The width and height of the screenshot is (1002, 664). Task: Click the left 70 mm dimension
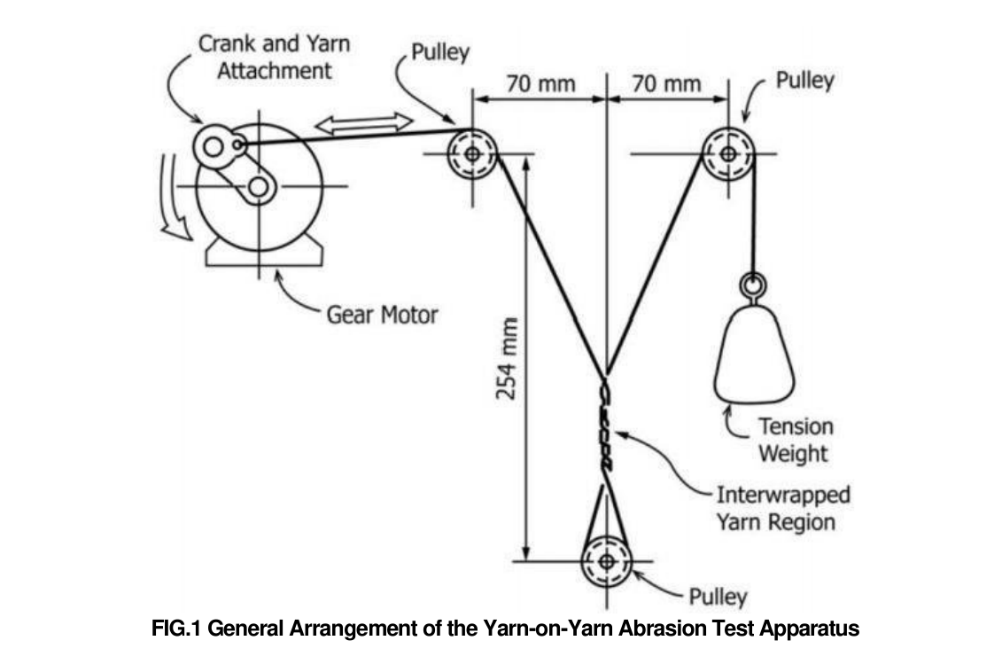540,84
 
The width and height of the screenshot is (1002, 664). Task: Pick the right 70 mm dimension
666,84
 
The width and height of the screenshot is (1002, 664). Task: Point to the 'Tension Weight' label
794,440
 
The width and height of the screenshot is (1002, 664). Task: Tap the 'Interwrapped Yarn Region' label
782,507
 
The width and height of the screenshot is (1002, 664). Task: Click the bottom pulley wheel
607,560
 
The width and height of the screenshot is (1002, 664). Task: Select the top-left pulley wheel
471,153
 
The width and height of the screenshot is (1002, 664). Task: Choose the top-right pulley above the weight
727,153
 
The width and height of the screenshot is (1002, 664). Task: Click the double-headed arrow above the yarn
364,124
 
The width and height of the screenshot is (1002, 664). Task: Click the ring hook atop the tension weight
752,285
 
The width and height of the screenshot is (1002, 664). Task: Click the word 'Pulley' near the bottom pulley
717,597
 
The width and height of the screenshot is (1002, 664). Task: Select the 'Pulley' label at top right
804,81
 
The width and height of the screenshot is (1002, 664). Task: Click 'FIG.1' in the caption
182,630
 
